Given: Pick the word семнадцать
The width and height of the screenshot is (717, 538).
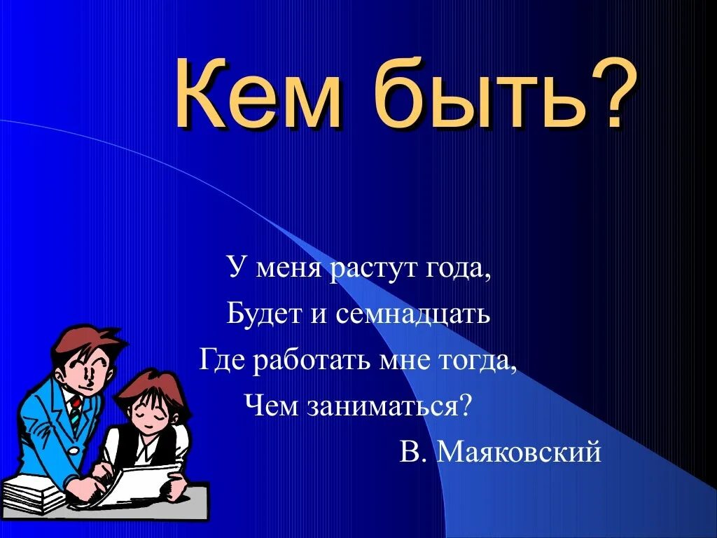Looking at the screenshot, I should click(412, 315).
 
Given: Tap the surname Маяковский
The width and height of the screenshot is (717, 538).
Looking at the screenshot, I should click(519, 453).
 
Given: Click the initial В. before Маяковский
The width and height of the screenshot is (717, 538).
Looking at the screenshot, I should click(413, 453).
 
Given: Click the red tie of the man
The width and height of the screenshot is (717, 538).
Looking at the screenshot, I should click(75, 410).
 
